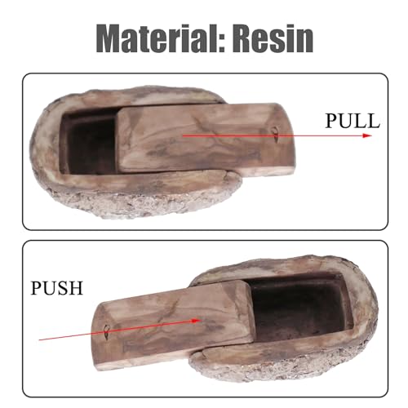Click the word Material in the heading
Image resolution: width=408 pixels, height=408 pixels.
pyautogui.click(x=157, y=38)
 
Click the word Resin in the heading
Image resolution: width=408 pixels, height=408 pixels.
pyautogui.click(x=273, y=38)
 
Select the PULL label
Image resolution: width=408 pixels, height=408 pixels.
pyautogui.click(x=353, y=121)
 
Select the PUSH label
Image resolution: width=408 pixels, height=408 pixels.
pyautogui.click(x=56, y=288)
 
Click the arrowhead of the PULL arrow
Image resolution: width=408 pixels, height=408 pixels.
pyautogui.click(x=367, y=135)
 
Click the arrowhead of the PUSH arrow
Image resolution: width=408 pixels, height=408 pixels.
pyautogui.click(x=197, y=321)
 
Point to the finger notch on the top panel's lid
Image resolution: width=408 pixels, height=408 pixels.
pyautogui.click(x=276, y=133)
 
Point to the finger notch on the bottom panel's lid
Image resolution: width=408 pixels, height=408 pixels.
pyautogui.click(x=106, y=332)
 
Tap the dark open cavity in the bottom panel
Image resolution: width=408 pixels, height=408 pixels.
pyautogui.click(x=300, y=306)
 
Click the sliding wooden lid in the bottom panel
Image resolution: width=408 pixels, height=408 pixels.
pyautogui.click(x=174, y=325)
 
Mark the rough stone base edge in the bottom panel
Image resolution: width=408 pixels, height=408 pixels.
pyautogui.click(x=286, y=366)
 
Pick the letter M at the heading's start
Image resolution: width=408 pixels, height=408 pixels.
pyautogui.click(x=111, y=39)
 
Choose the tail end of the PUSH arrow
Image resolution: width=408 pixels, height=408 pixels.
pyautogui.click(x=39, y=339)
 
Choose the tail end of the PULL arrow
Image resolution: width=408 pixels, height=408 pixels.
pyautogui.click(x=183, y=135)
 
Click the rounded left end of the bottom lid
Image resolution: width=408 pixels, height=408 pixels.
pyautogui.click(x=97, y=337)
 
